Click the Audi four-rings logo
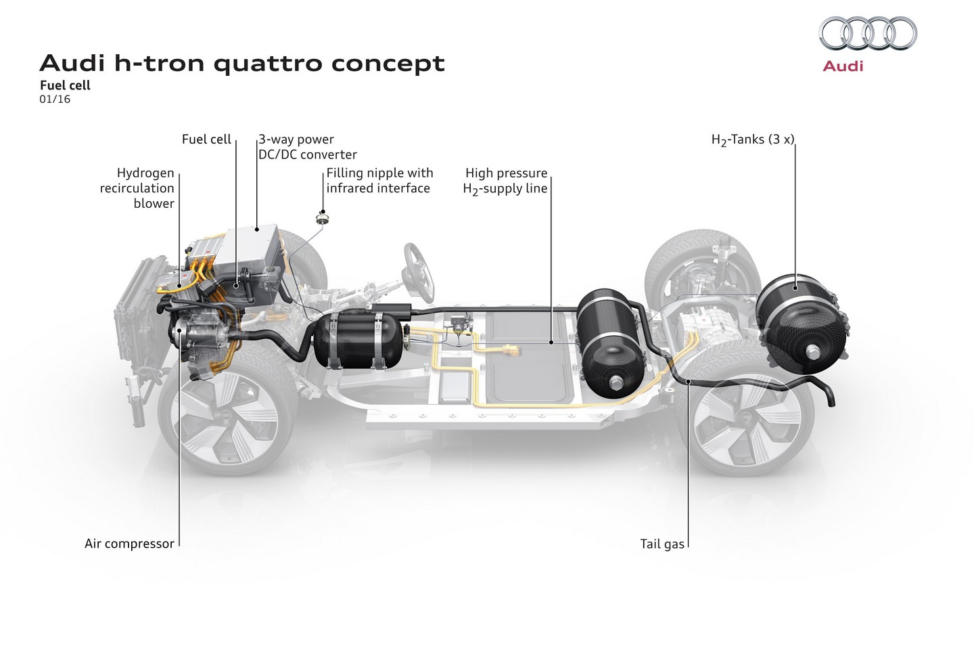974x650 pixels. tap(867, 33)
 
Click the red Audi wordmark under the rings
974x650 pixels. tap(843, 66)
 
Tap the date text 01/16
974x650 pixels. tap(55, 99)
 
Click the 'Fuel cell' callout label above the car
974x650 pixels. tap(206, 139)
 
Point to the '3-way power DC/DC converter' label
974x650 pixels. tap(307, 147)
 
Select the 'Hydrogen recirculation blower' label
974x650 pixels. tap(137, 188)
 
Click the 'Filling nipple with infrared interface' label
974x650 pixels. tap(379, 181)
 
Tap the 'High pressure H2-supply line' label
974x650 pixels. tap(505, 181)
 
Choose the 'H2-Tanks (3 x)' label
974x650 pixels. tap(752, 139)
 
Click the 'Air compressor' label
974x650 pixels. tap(129, 543)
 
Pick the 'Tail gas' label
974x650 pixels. tap(662, 544)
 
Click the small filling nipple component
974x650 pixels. tap(322, 218)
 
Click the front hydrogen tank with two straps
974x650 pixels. tap(358, 341)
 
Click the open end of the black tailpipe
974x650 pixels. tap(831, 402)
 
